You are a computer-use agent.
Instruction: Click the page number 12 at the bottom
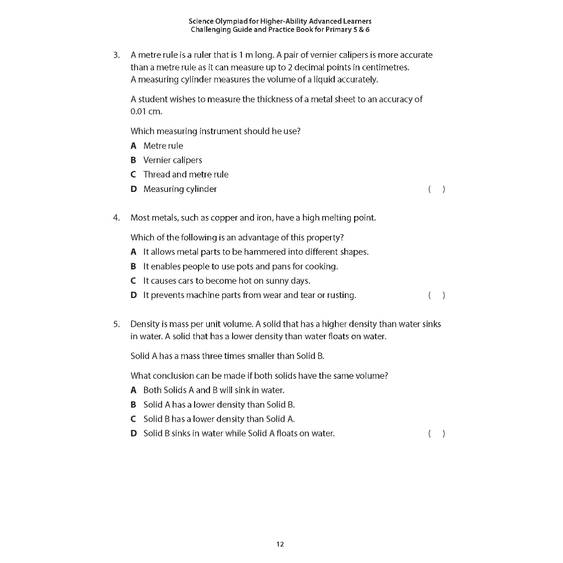[x=280, y=544]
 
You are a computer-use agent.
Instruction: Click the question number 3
[x=116, y=55]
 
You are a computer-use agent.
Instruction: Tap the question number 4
[x=116, y=218]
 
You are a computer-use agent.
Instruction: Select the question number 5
[x=116, y=324]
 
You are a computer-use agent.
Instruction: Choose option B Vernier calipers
[x=173, y=160]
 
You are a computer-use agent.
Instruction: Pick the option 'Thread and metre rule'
[x=185, y=174]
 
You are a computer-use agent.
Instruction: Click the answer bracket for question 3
[x=436, y=189]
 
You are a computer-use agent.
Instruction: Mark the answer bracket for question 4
[x=436, y=295]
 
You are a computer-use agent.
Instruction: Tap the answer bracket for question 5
[x=436, y=434]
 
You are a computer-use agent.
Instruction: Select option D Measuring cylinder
[x=180, y=189]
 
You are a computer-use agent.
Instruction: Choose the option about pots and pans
[x=240, y=267]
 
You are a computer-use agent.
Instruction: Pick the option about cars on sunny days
[x=227, y=281]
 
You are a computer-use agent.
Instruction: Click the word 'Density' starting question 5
[x=145, y=324]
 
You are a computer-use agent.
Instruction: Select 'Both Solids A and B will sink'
[x=213, y=390]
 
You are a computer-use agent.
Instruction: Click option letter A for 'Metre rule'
[x=134, y=146]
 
